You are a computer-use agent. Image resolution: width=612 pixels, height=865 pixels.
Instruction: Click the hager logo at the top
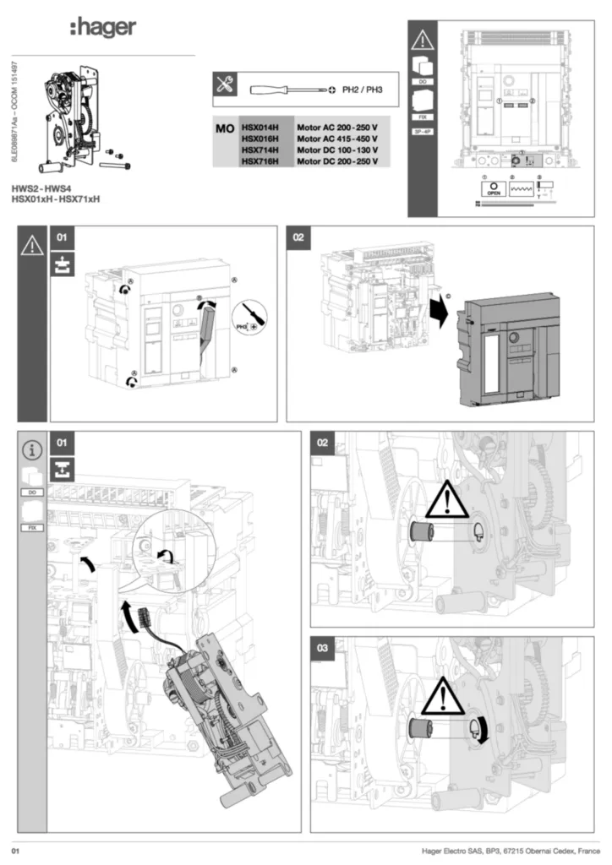102,29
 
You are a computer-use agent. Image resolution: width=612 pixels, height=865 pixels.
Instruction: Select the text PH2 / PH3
363,88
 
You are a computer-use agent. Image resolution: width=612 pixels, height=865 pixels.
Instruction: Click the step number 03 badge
322,648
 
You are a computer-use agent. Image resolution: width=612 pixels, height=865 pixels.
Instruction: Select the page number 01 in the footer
15,849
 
